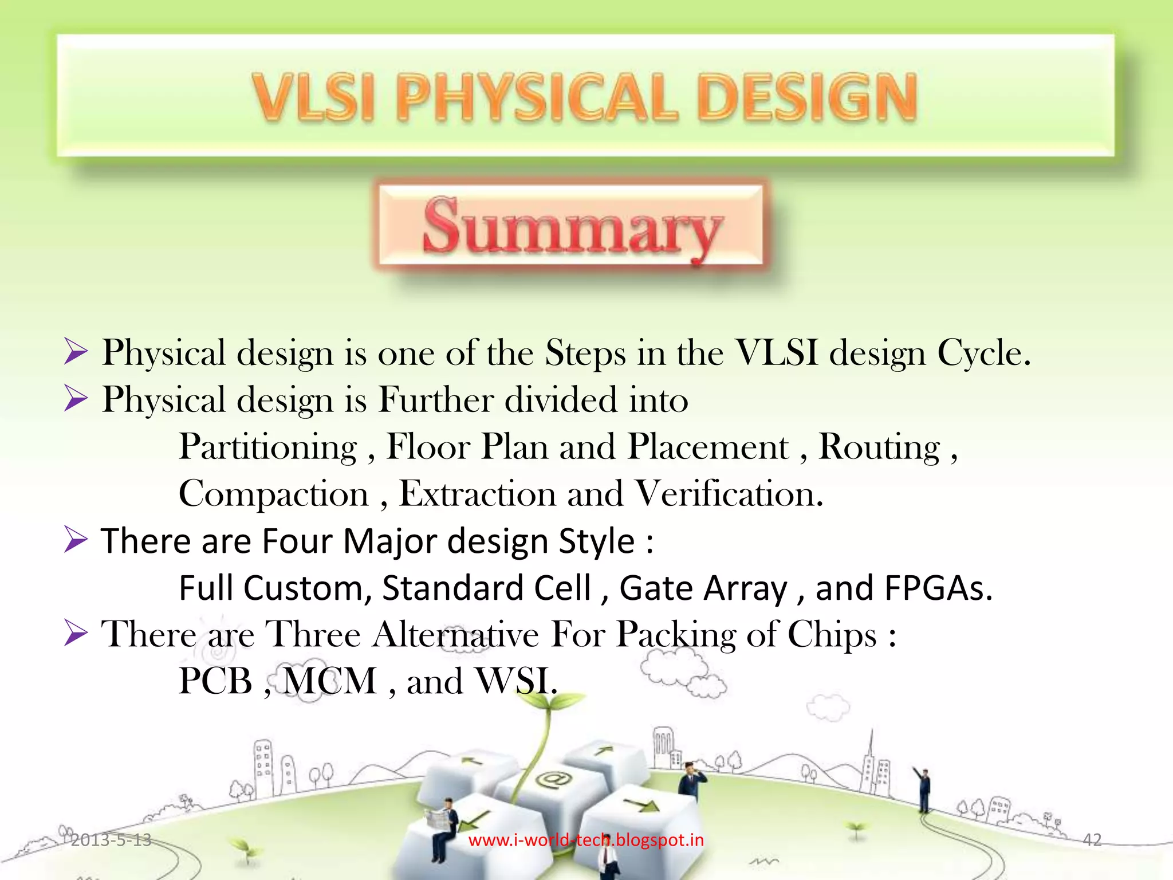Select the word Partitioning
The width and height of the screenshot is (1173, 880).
268,447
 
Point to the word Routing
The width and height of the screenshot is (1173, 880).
879,447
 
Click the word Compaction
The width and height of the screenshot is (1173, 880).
274,494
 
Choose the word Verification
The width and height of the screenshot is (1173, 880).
729,494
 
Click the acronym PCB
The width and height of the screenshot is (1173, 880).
215,682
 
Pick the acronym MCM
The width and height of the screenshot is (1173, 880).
330,682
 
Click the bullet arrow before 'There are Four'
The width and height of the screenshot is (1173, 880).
76,540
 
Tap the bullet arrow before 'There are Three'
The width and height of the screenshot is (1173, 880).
76,634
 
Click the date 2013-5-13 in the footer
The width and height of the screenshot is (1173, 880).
111,840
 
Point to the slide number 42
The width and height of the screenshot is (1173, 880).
1092,840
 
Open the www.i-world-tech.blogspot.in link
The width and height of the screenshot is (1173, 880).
586,840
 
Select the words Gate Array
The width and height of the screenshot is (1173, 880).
703,588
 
